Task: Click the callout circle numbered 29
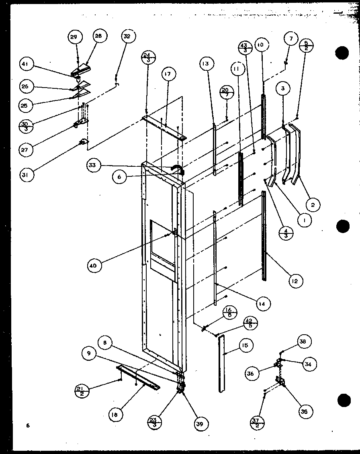coord(74,37)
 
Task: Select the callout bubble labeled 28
coord(98,36)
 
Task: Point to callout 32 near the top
coord(127,37)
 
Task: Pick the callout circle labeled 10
coord(260,45)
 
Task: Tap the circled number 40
coord(97,265)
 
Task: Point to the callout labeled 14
coord(262,304)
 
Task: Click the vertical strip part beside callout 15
coord(221,364)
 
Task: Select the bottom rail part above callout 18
coord(138,377)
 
